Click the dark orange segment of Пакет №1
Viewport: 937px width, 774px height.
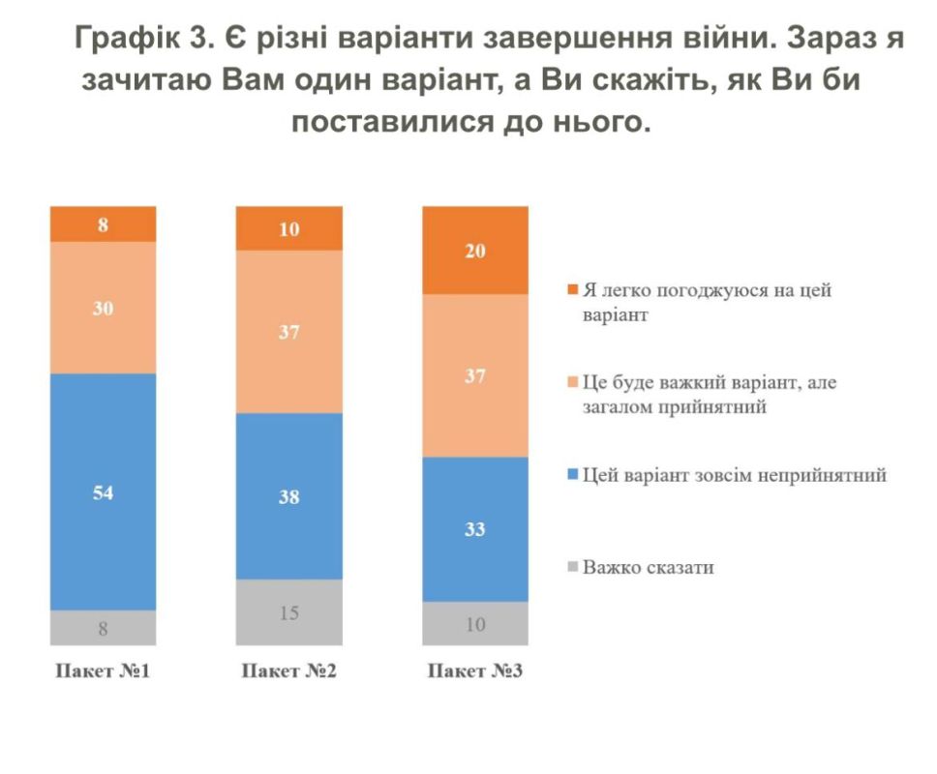[103, 223]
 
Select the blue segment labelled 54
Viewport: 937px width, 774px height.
[103, 491]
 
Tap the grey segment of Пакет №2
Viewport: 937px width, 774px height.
[289, 611]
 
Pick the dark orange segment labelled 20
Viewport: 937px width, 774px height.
[475, 250]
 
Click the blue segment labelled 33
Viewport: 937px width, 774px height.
[475, 529]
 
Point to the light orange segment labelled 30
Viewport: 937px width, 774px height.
[103, 308]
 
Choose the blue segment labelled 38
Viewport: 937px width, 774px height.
[289, 496]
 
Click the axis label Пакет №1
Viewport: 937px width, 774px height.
[103, 670]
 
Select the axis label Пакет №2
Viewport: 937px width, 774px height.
[288, 670]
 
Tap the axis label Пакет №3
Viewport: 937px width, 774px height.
[475, 670]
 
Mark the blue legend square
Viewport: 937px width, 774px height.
[572, 475]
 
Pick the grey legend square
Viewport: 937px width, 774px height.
[572, 567]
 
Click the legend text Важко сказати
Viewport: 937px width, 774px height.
[649, 567]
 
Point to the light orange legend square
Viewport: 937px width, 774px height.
[572, 383]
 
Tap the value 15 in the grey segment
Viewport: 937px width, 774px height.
[289, 611]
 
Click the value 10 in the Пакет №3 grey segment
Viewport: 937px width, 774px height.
[475, 624]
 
